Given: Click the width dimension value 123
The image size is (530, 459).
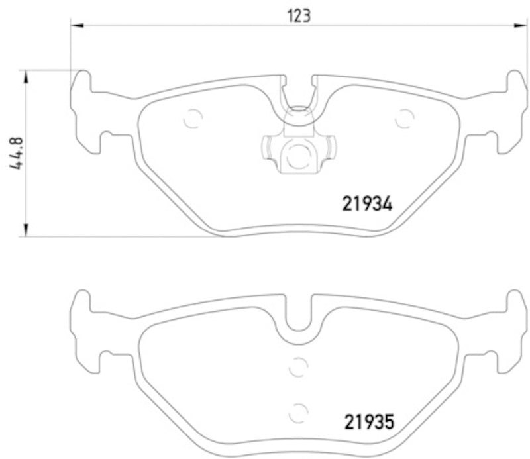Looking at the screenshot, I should (x=299, y=15).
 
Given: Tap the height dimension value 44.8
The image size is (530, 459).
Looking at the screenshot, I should (x=17, y=153).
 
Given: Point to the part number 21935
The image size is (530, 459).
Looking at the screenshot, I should (x=369, y=421).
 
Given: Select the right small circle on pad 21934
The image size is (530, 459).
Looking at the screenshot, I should (x=404, y=118).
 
